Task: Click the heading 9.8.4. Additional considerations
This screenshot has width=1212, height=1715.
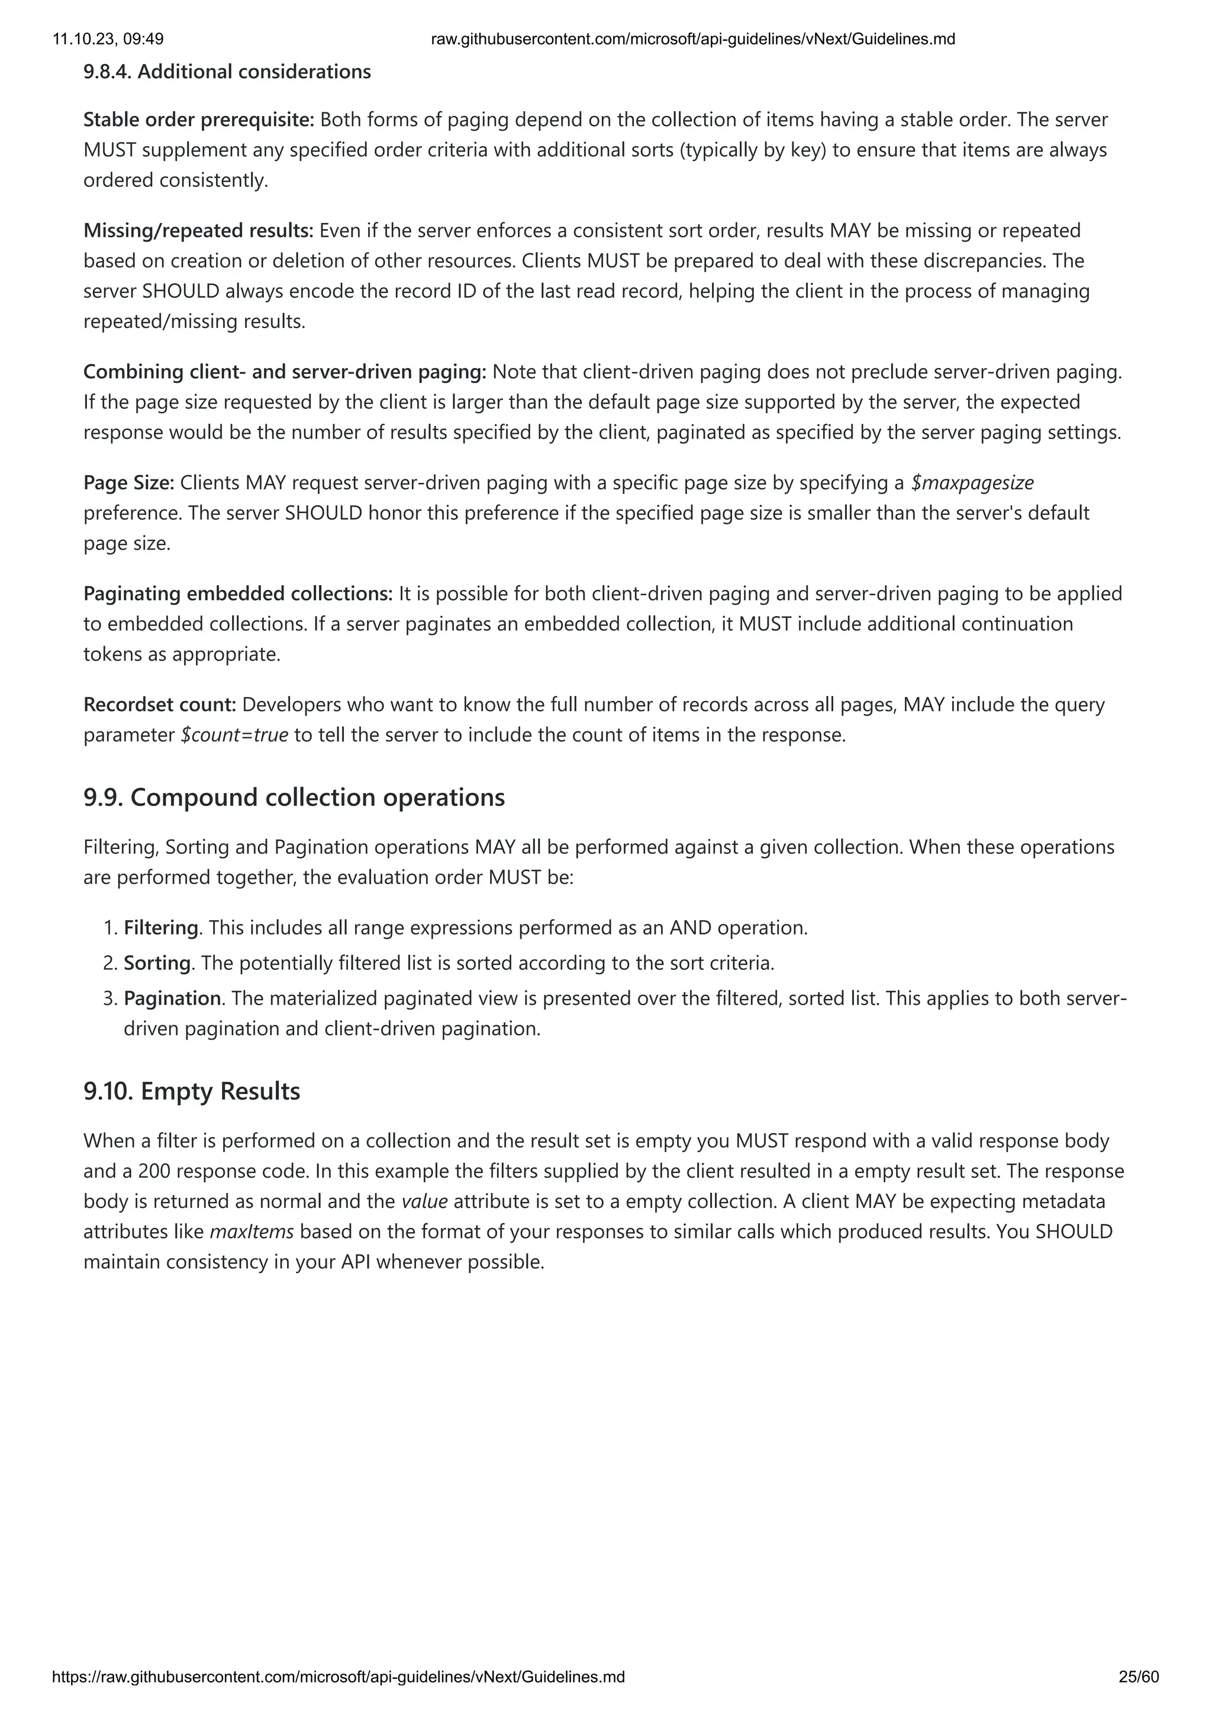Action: tap(227, 72)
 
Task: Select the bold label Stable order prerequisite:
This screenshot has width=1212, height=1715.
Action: tap(199, 120)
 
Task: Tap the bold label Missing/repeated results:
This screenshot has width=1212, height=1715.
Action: tap(199, 230)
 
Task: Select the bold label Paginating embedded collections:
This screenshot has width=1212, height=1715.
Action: tap(237, 593)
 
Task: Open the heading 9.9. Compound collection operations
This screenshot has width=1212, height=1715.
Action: tap(294, 797)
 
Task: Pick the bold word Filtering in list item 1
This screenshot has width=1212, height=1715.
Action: tap(160, 928)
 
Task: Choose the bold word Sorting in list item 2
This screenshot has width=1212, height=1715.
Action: tap(157, 963)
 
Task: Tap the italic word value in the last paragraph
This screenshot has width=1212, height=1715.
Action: tap(424, 1201)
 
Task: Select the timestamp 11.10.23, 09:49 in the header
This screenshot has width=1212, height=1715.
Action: tap(108, 39)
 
